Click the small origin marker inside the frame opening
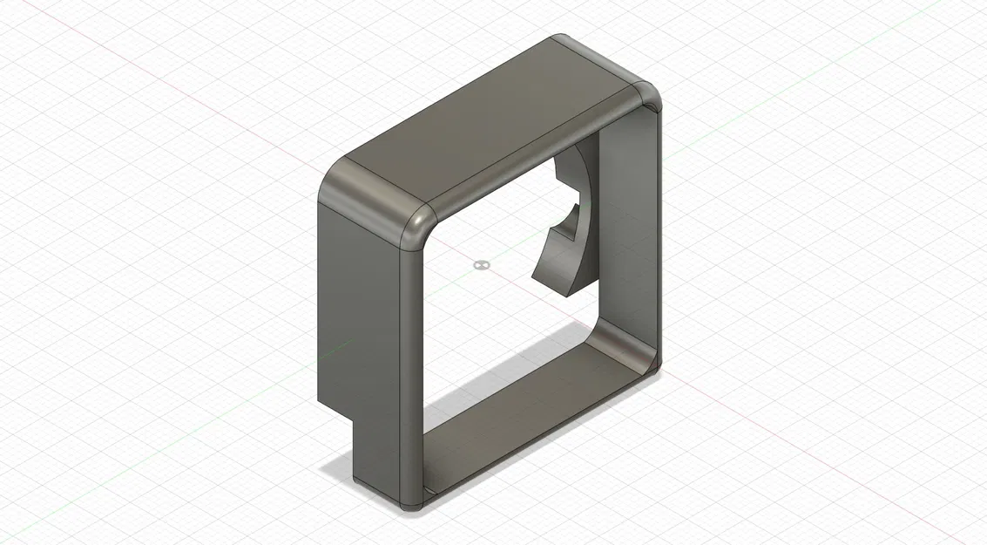480,263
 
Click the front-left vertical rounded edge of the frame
413,366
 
